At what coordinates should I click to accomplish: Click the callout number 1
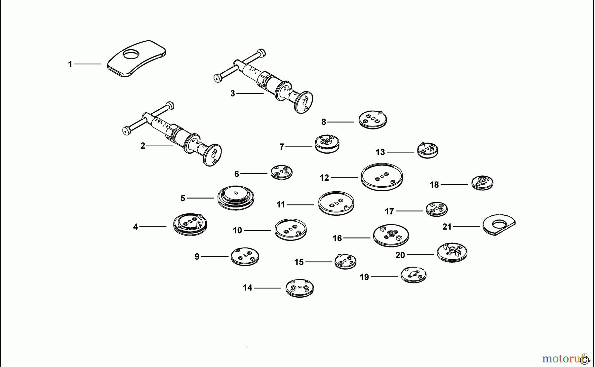(x=70, y=64)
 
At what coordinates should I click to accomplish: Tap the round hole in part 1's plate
(x=132, y=55)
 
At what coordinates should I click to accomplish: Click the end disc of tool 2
(x=212, y=155)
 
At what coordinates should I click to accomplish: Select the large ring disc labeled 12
(x=382, y=177)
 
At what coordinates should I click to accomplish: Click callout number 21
(x=447, y=227)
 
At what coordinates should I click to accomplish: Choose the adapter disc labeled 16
(x=391, y=236)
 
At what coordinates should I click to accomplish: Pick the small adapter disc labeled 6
(x=282, y=172)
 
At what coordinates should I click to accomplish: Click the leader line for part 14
(x=267, y=288)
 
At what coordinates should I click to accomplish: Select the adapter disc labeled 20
(x=452, y=253)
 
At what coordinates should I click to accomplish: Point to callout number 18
(x=434, y=185)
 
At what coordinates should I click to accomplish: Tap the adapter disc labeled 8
(x=373, y=120)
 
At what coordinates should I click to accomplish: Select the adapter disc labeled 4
(x=190, y=224)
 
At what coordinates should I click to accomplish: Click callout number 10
(x=237, y=231)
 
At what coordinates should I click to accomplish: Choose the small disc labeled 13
(x=427, y=150)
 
